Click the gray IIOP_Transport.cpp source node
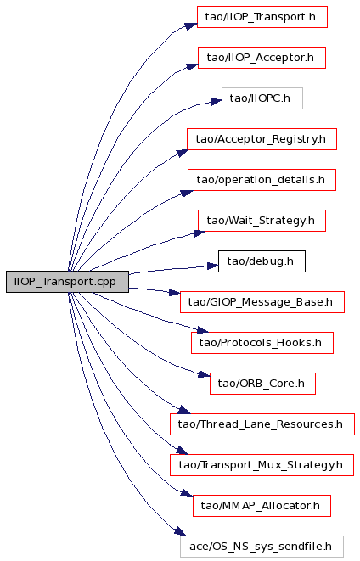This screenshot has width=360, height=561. pos(67,282)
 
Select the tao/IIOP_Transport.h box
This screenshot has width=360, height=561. pos(262,17)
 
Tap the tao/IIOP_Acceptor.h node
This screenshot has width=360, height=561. pos(262,58)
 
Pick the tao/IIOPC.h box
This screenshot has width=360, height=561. pos(262,98)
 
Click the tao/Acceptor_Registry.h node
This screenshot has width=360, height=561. pos(262,139)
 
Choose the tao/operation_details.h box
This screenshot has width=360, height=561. pos(262,180)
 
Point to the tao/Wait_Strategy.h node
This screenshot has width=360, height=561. pos(262,221)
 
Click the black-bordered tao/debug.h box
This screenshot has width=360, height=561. pos(262,261)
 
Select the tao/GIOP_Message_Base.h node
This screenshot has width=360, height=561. pos(262,302)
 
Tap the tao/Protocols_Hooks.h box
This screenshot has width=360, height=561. pos(262,343)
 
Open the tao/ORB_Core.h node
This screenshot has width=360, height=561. pos(262,384)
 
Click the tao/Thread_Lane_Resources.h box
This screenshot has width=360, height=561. pos(262,424)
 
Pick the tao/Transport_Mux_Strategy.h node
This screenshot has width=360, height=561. pos(262,465)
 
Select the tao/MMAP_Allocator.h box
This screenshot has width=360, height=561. pos(262,507)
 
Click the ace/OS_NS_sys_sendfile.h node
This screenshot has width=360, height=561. pos(262,547)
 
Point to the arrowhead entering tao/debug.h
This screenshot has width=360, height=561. pos(213,266)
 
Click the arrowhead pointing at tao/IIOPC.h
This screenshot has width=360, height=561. pos(217,102)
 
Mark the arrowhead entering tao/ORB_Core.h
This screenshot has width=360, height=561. pos(204,374)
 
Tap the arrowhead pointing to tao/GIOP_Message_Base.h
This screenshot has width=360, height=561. pos(174,293)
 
